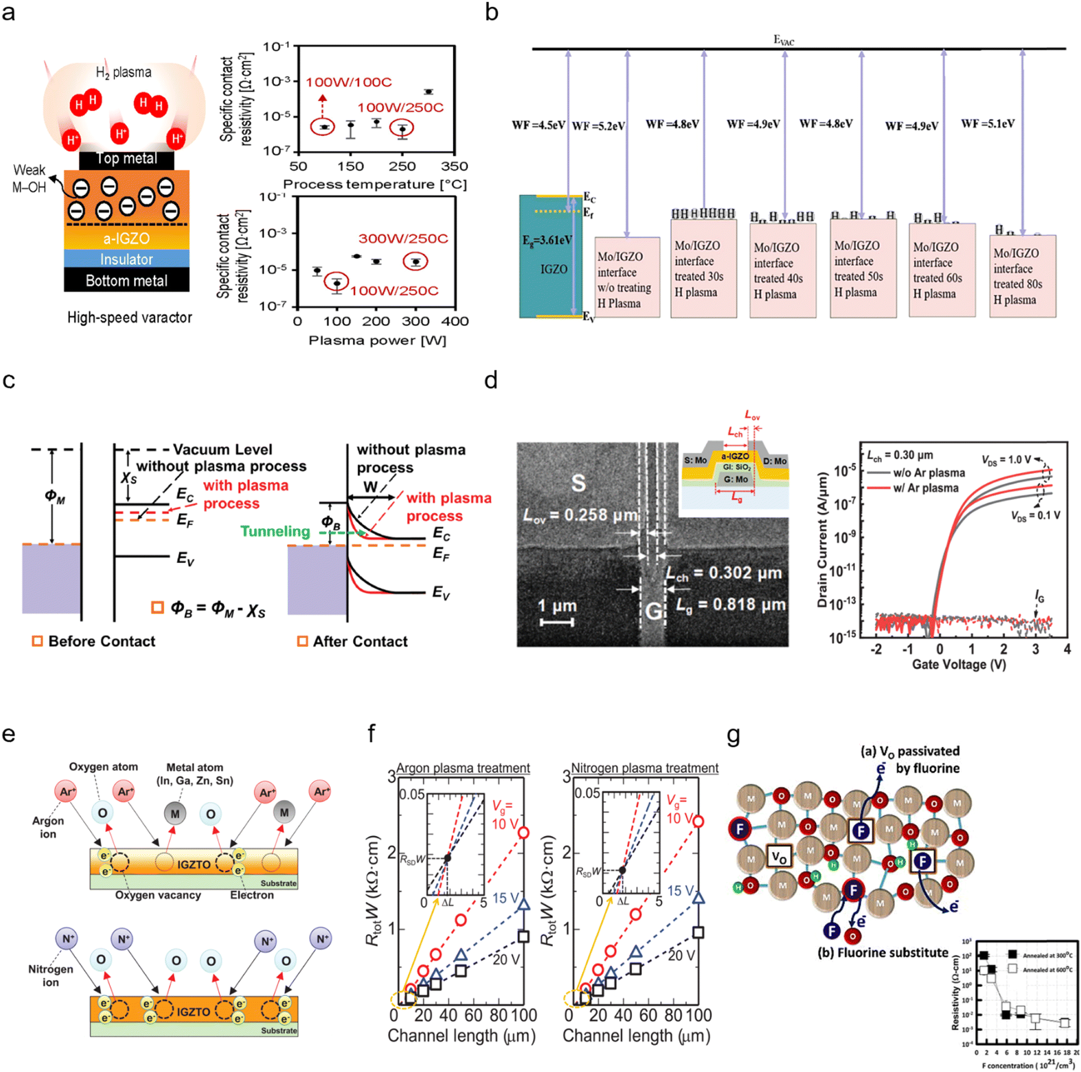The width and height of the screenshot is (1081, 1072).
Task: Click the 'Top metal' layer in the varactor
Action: point(126,159)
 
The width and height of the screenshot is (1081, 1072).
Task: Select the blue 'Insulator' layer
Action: point(126,259)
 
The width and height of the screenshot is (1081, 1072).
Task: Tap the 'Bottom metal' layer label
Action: point(126,280)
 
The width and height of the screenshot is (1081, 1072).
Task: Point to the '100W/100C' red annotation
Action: point(349,82)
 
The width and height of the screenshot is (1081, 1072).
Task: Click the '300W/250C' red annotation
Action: point(403,238)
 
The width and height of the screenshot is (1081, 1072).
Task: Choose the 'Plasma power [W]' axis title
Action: point(377,340)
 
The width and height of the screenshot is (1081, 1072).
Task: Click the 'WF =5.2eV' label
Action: point(598,126)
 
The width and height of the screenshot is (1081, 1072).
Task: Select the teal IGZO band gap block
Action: point(551,256)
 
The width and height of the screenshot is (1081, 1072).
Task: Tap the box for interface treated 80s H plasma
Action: point(1022,277)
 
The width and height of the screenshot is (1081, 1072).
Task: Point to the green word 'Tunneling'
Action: point(274,531)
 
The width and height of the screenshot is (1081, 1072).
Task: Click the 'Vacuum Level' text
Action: point(222,449)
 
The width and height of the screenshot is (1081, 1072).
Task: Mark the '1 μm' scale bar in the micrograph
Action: point(557,621)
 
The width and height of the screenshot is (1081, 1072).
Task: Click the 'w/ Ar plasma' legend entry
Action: point(926,488)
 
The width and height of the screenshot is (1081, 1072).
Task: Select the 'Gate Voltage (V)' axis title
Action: point(959,664)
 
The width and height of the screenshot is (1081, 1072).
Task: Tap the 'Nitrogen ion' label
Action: point(50,975)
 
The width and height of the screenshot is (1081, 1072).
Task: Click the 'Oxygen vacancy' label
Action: point(158,895)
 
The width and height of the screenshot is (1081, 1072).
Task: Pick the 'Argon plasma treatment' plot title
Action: point(463,768)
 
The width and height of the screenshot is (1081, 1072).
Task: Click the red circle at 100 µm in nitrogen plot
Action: point(698,821)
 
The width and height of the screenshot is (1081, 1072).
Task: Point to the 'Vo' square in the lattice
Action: point(778,856)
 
